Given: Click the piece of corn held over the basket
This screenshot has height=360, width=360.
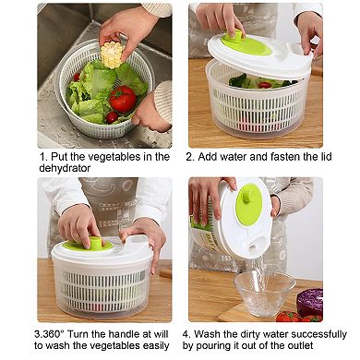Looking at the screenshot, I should pos(112,56).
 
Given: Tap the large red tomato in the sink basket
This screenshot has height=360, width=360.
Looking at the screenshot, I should pos(123,99).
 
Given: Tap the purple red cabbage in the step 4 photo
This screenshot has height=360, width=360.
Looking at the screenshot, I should pos(310,301).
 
